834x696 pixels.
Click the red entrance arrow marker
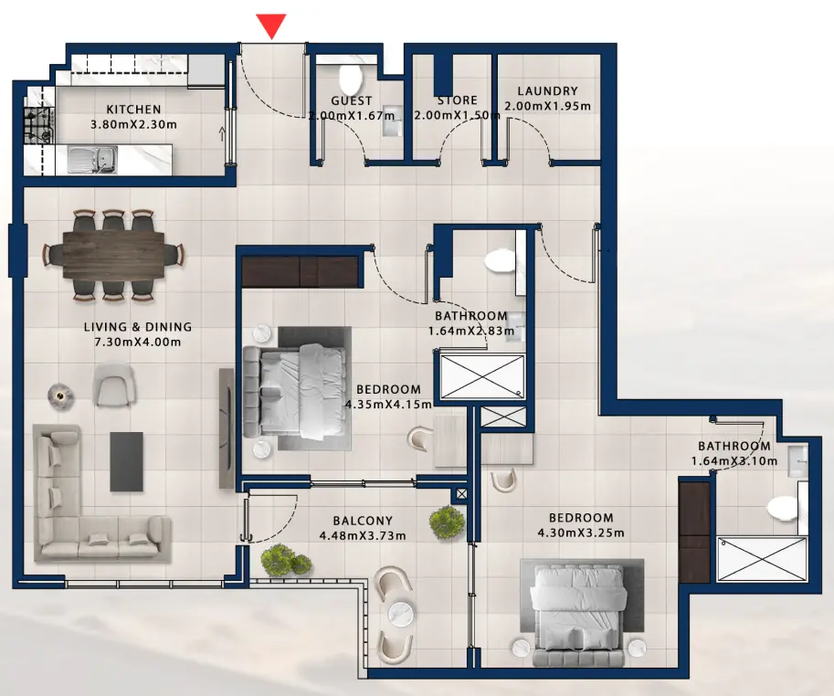[x=271, y=26]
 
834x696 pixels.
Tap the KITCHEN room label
[x=133, y=110]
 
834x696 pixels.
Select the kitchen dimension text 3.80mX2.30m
[x=133, y=125]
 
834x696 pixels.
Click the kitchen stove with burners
[x=38, y=124]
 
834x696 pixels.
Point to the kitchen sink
[x=91, y=160]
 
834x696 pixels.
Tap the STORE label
[x=457, y=100]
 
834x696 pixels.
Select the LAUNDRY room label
[x=547, y=91]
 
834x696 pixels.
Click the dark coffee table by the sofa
[x=126, y=461]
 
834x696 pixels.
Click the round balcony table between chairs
[x=398, y=614]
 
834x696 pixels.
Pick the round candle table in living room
[x=59, y=394]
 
